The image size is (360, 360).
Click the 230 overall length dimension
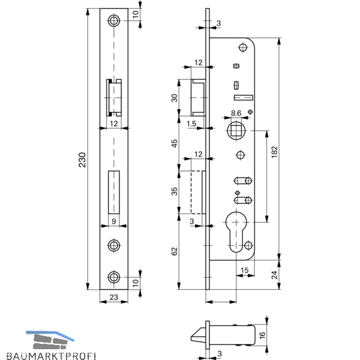(82, 160)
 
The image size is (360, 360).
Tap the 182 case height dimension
(275, 152)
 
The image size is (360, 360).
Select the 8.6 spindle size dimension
(236, 113)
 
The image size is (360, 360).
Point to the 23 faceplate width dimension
(114, 298)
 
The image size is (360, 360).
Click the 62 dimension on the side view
(175, 251)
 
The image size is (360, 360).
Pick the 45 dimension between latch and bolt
(175, 143)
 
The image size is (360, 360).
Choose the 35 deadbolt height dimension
(175, 191)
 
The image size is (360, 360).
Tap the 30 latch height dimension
(175, 98)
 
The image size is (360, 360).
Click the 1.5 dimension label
(191, 124)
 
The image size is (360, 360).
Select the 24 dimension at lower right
(275, 275)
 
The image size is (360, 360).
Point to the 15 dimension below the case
(245, 270)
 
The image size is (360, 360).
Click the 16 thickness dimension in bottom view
(262, 335)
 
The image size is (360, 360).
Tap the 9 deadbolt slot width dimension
(113, 221)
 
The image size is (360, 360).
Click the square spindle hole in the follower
(236, 131)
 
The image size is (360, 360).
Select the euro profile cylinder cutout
(236, 232)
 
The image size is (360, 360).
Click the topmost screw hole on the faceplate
(114, 20)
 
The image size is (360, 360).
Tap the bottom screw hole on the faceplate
(114, 277)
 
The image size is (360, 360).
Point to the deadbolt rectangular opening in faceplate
(114, 192)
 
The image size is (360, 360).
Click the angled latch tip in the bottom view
(198, 335)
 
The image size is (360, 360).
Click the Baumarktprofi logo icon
(50, 340)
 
